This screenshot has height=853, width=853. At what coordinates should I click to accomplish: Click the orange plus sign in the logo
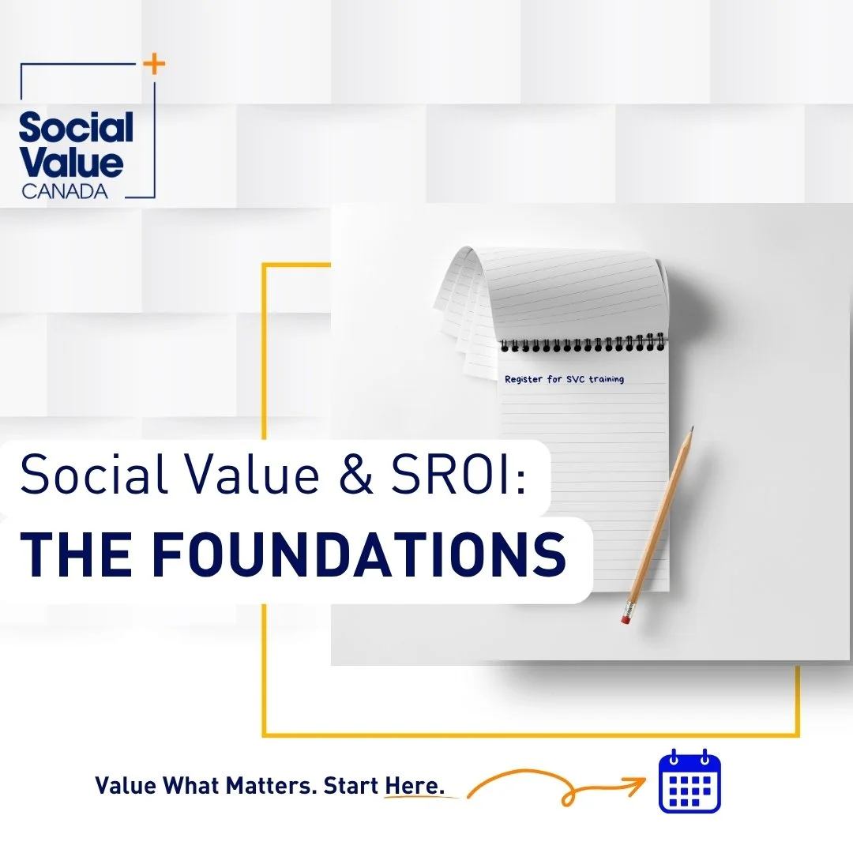pyautogui.click(x=156, y=66)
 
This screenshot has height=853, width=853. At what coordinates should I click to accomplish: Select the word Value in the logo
pyautogui.click(x=71, y=163)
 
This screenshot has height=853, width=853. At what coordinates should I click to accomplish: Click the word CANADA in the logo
pyautogui.click(x=65, y=191)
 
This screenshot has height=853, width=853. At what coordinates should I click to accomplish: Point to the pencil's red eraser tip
pyautogui.click(x=626, y=619)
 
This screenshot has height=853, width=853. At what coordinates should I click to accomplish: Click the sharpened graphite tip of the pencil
pyautogui.click(x=691, y=430)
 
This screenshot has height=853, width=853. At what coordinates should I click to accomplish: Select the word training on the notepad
pyautogui.click(x=605, y=380)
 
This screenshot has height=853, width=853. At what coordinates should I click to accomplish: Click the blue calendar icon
pyautogui.click(x=690, y=782)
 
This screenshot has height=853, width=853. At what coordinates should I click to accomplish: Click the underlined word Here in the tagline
pyautogui.click(x=415, y=786)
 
